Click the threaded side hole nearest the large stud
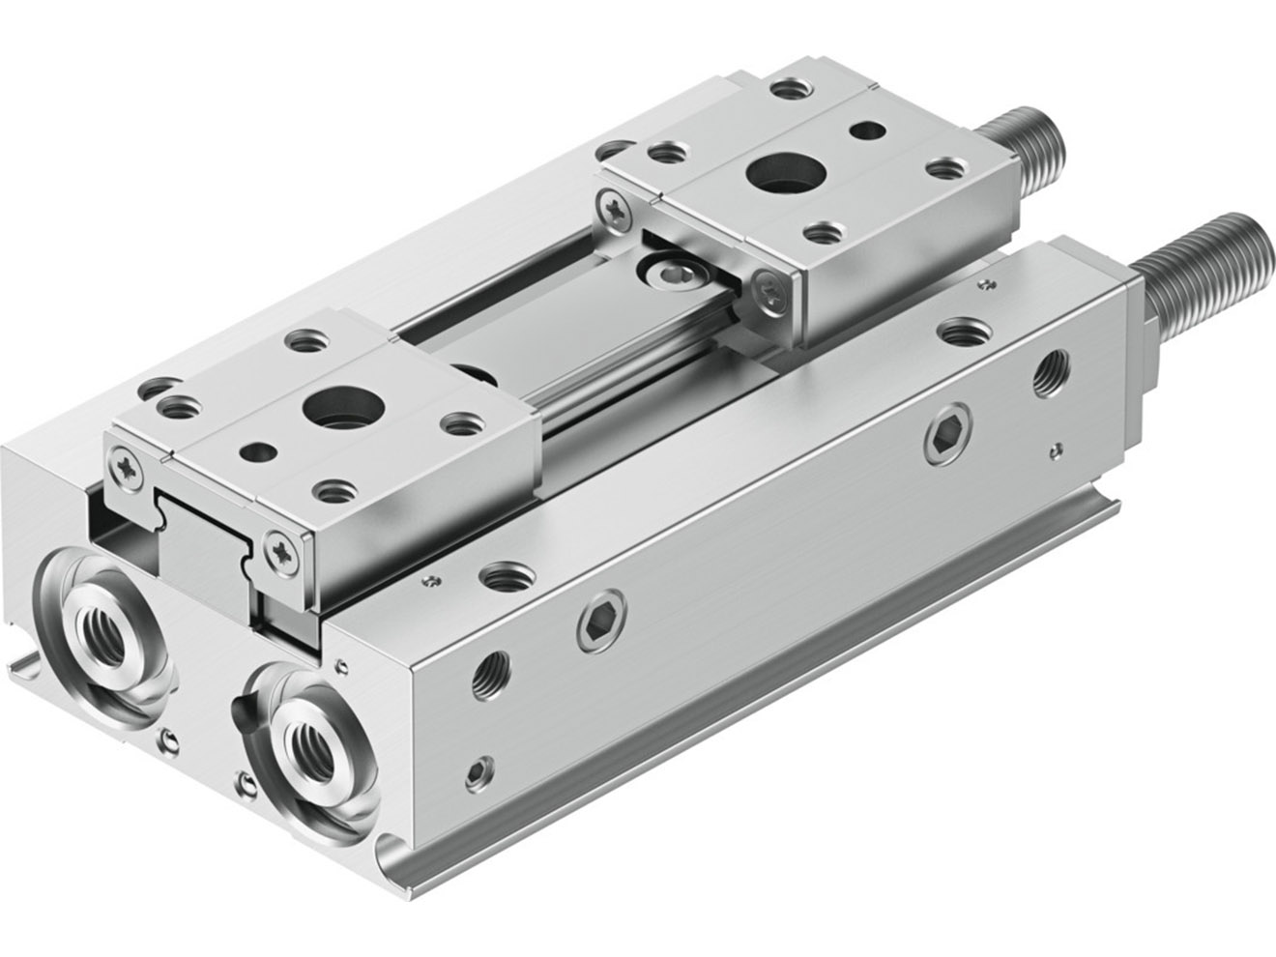click(1048, 372)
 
